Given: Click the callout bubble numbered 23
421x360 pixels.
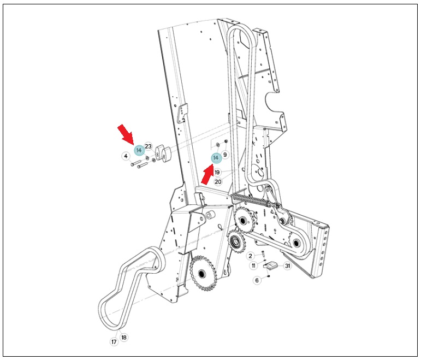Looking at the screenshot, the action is pyautogui.click(x=148, y=146).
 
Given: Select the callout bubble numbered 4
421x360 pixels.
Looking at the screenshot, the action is pyautogui.click(x=126, y=156).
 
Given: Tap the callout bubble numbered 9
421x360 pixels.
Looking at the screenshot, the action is pyautogui.click(x=225, y=155).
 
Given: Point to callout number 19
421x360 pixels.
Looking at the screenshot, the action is pyautogui.click(x=217, y=172).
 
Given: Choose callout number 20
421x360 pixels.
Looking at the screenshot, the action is pyautogui.click(x=218, y=182).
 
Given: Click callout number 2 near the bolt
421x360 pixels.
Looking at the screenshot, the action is pyautogui.click(x=251, y=256).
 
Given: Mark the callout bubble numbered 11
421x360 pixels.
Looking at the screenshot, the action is pyautogui.click(x=254, y=266).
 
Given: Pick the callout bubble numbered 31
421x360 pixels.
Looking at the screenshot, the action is pyautogui.click(x=288, y=266).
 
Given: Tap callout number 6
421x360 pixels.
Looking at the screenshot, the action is pyautogui.click(x=257, y=280).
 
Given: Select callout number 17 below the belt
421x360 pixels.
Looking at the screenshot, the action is pyautogui.click(x=114, y=342).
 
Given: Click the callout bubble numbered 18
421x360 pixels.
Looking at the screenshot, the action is pyautogui.click(x=124, y=337).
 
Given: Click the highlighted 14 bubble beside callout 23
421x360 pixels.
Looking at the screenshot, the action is pyautogui.click(x=139, y=150).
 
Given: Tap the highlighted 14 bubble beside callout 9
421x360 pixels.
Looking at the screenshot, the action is pyautogui.click(x=216, y=158).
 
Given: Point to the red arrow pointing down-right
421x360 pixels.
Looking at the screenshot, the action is pyautogui.click(x=126, y=133).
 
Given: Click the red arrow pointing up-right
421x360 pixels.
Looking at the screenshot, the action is pyautogui.click(x=208, y=175).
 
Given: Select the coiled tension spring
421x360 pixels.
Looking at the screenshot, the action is pyautogui.click(x=251, y=200).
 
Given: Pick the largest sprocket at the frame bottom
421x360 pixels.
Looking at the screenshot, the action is pyautogui.click(x=202, y=273).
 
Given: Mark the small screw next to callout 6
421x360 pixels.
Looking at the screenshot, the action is pyautogui.click(x=269, y=276).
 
